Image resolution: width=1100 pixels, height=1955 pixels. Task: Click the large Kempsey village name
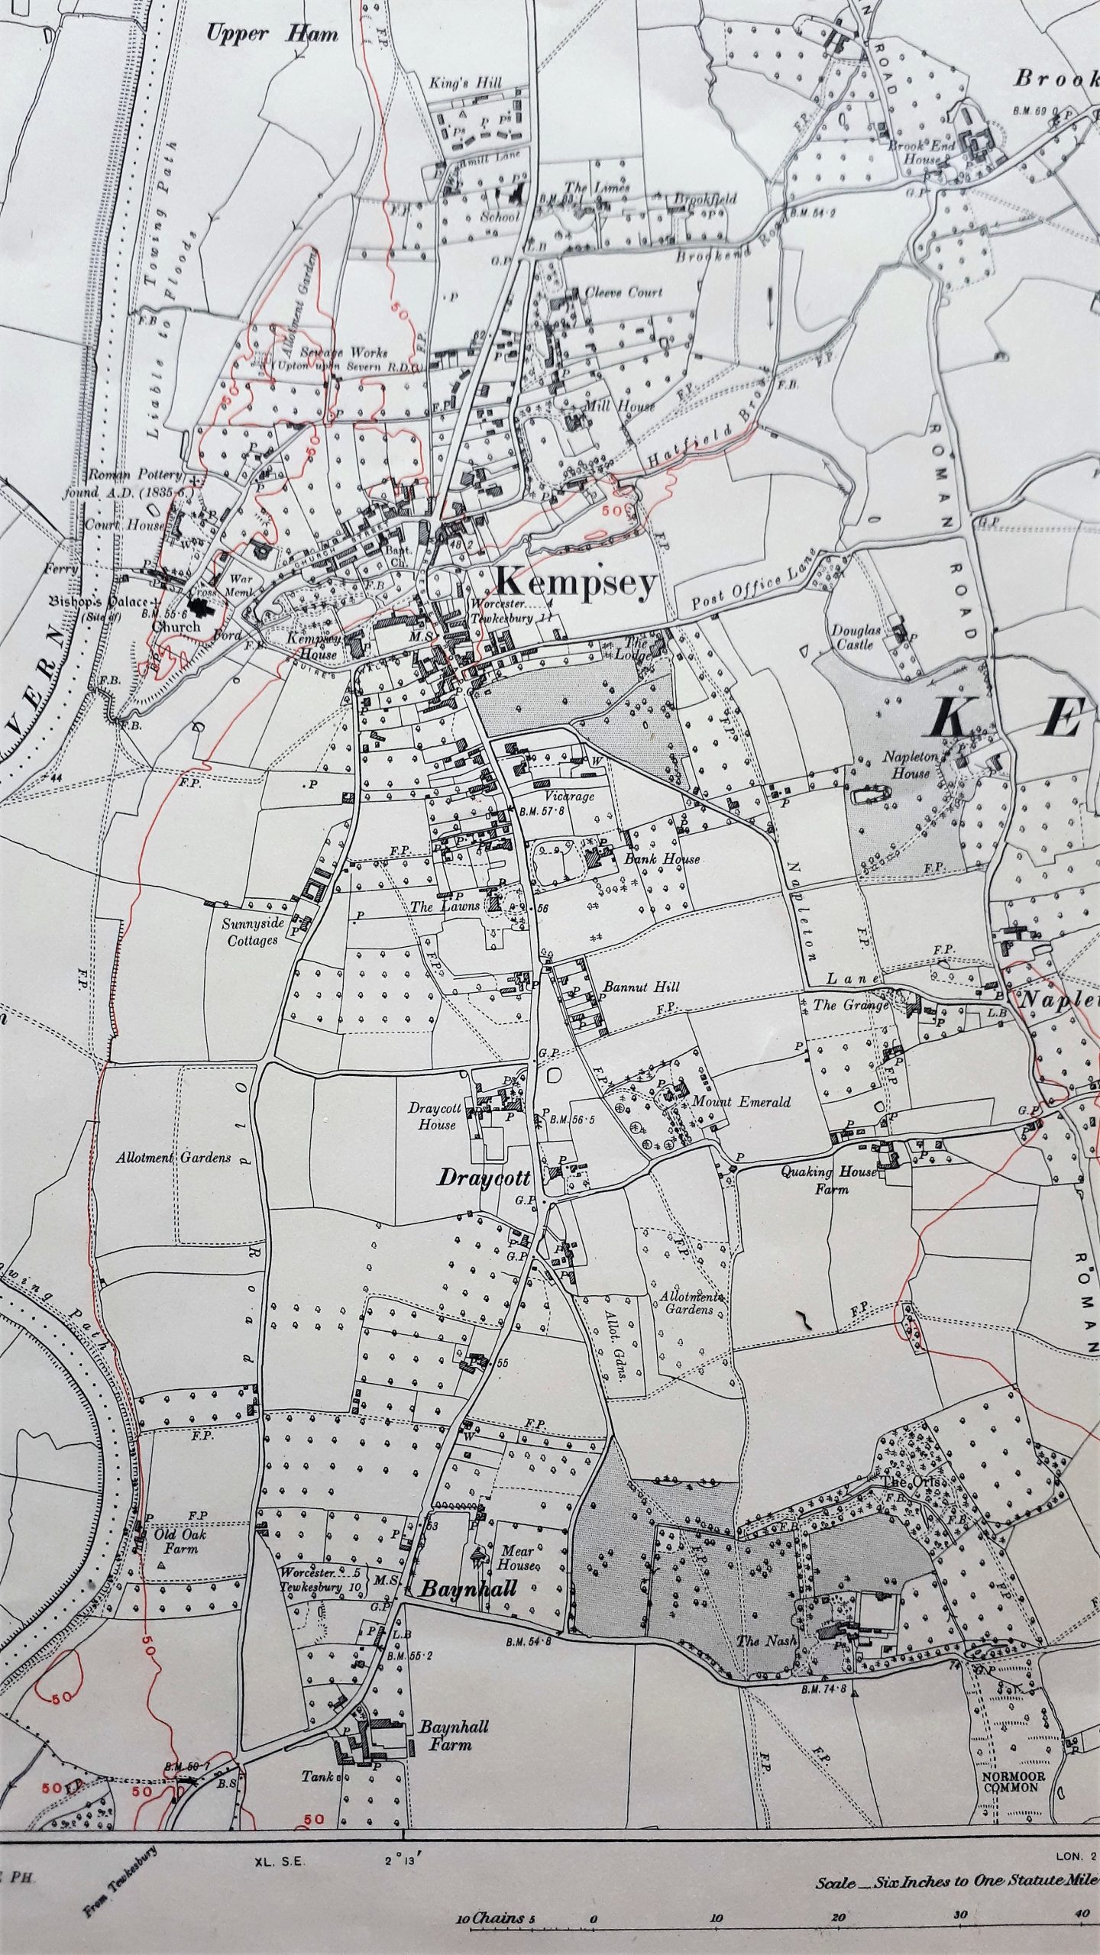pos(576,583)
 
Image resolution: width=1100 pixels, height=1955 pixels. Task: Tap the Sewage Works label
pos(343,354)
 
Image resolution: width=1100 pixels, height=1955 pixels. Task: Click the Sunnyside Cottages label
pos(253,932)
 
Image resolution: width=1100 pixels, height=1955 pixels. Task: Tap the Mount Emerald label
pos(740,1102)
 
